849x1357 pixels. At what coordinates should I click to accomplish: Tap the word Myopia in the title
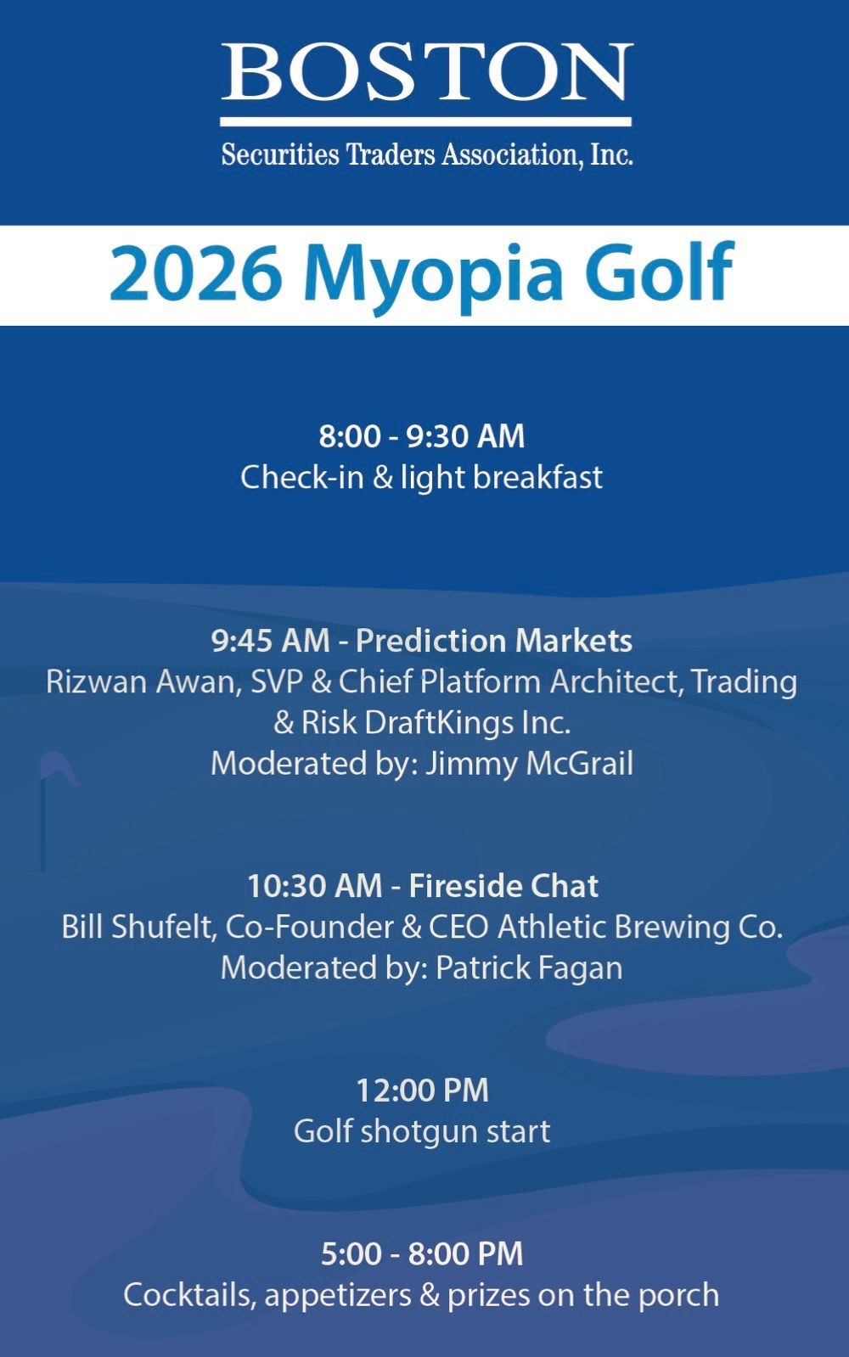point(434,276)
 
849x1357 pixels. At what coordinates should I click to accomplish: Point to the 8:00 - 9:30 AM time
point(422,436)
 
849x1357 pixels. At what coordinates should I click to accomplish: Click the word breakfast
point(537,477)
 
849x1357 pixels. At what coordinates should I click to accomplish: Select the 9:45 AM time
point(270,641)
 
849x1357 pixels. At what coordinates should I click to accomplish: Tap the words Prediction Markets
point(494,641)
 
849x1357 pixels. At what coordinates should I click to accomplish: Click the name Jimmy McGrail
point(529,764)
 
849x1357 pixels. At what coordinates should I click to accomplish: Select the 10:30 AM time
point(314,886)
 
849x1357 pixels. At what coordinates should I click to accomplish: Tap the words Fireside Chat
point(503,886)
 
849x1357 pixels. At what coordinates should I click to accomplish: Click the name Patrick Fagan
point(529,967)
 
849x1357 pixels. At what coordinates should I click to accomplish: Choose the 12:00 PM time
point(422,1091)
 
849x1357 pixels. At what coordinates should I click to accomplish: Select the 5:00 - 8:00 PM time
point(422,1254)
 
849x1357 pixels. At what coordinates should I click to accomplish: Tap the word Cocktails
point(188,1294)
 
